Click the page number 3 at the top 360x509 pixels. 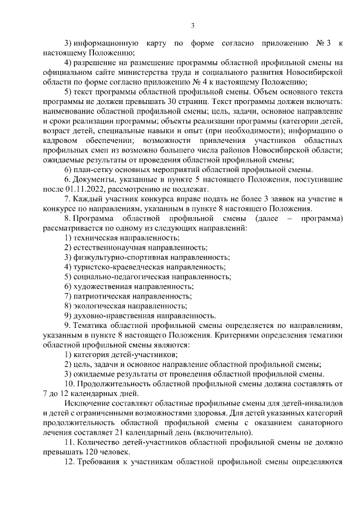click(x=192, y=25)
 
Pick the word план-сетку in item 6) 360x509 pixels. click(x=94, y=169)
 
